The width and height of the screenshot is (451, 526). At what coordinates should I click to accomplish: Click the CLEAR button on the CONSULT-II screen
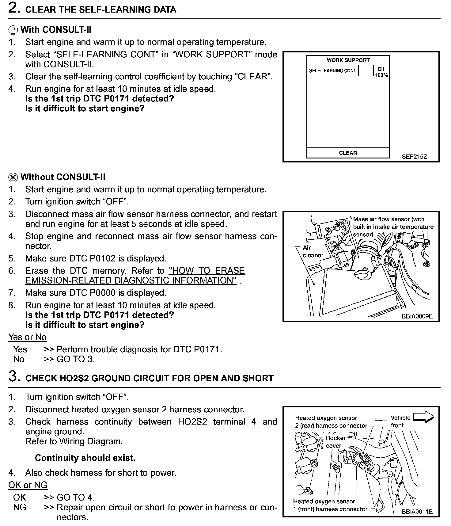pos(348,153)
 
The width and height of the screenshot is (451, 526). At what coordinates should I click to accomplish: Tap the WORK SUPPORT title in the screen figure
pos(348,60)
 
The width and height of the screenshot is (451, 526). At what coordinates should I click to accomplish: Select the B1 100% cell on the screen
pos(381,72)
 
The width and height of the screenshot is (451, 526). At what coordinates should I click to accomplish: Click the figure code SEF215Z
pos(414,157)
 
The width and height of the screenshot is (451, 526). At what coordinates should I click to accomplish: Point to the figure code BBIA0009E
pos(417,316)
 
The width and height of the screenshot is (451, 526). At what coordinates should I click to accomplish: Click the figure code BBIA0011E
pos(417,512)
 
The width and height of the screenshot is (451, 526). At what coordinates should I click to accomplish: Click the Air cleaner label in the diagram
pos(313,251)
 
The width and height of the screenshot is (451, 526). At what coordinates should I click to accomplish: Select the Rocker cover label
pos(335,442)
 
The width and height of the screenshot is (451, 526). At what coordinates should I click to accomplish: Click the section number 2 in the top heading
pos(14,8)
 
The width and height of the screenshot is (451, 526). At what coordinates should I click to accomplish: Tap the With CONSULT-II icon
pos(13,30)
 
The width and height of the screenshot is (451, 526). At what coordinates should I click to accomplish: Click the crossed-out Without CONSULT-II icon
pos(13,177)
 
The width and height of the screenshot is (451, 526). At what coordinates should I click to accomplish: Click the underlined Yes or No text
pos(28,337)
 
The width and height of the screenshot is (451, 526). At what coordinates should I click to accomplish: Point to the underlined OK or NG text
pos(28,485)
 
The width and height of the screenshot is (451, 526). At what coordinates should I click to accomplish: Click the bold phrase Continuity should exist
pos(85,458)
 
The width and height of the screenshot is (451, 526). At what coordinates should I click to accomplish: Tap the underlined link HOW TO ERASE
pos(207,271)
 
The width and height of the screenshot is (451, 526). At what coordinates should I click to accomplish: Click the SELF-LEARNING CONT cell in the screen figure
pos(332,71)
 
